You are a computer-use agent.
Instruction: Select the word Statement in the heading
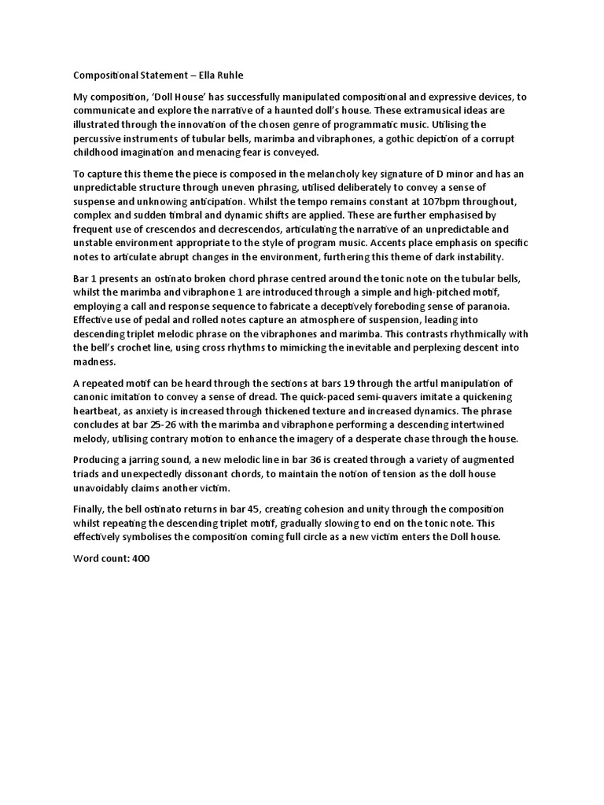click(157, 75)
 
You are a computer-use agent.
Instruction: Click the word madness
click(94, 362)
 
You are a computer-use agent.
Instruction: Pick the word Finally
click(90, 508)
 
